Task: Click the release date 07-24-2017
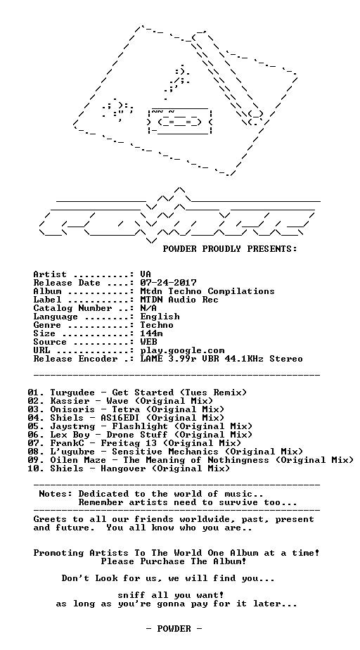pyautogui.click(x=169, y=283)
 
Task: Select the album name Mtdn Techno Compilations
pyautogui.click(x=207, y=291)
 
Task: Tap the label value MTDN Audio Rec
pyautogui.click(x=179, y=300)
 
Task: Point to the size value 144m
pyautogui.click(x=152, y=333)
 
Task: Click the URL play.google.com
pyautogui.click(x=182, y=351)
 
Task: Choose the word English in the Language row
pyautogui.click(x=160, y=317)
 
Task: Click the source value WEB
pyautogui.click(x=149, y=342)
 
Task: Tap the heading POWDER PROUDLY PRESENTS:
pyautogui.click(x=230, y=249)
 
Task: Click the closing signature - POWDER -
pyautogui.click(x=174, y=629)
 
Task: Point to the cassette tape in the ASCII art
pyautogui.click(x=180, y=121)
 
